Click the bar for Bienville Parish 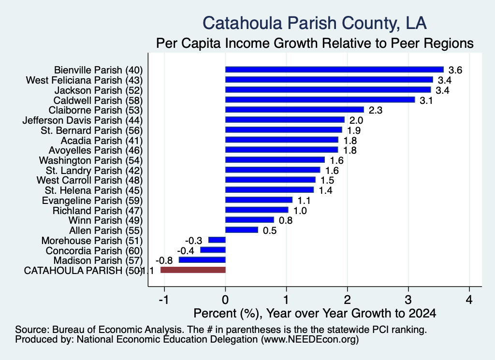(x=335, y=70)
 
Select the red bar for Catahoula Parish (x=193, y=270)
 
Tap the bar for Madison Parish (x=202, y=260)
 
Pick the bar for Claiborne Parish (x=294, y=110)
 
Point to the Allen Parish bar (x=242, y=230)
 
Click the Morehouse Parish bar (x=217, y=240)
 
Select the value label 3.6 (x=455, y=70)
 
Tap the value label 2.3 (x=375, y=110)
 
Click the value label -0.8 (x=164, y=260)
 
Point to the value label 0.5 (x=270, y=230)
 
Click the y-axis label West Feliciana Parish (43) (x=84, y=80)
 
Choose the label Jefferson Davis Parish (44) (x=82, y=120)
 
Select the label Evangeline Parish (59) (x=92, y=201)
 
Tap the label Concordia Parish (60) (x=94, y=250)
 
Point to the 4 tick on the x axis (x=469, y=300)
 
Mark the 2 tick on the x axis (x=347, y=300)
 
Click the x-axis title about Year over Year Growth (x=315, y=313)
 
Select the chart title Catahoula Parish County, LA (x=314, y=23)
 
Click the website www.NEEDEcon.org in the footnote (x=310, y=340)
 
